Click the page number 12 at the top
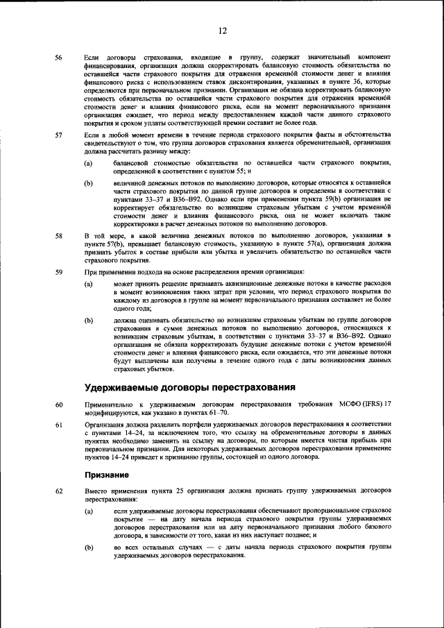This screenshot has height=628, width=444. pyautogui.click(x=223, y=31)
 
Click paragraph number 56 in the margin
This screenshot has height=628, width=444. pyautogui.click(x=59, y=56)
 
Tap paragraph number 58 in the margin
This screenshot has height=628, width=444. pyautogui.click(x=59, y=237)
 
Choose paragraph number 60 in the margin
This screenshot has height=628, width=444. pyautogui.click(x=59, y=404)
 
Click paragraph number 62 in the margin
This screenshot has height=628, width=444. pyautogui.click(x=59, y=491)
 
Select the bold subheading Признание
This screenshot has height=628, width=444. pyautogui.click(x=107, y=475)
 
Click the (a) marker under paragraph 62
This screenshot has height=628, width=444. pyautogui.click(x=89, y=511)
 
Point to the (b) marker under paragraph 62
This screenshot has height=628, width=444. pyautogui.click(x=89, y=548)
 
